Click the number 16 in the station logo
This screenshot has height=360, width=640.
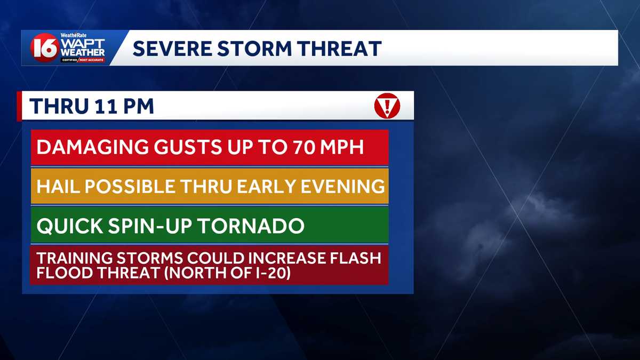point(44,49)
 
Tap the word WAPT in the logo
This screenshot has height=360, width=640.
point(83,43)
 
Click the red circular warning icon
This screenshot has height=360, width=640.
point(387,106)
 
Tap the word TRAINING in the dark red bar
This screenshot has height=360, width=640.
point(74,258)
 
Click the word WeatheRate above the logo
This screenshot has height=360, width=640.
point(73,35)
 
